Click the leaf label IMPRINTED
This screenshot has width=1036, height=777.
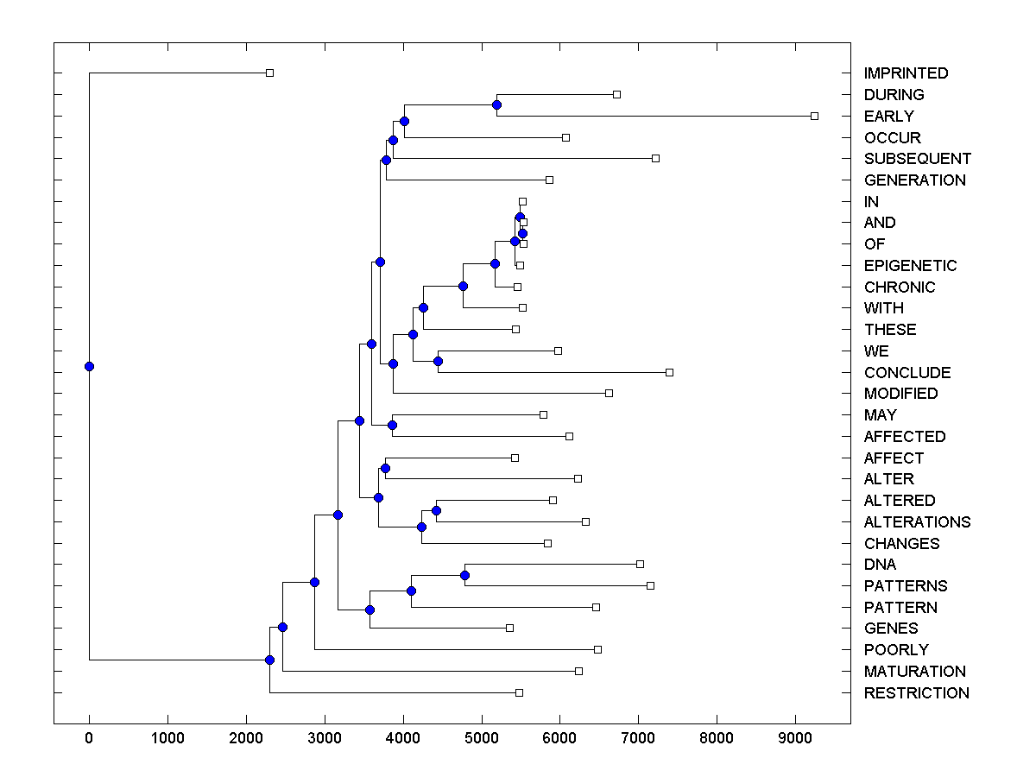pyautogui.click(x=906, y=73)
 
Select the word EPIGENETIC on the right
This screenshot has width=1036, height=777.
pyautogui.click(x=910, y=266)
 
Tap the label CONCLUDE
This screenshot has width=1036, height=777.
pyautogui.click(x=907, y=373)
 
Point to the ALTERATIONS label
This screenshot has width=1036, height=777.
pyautogui.click(x=917, y=522)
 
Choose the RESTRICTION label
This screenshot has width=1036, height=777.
pyautogui.click(x=916, y=693)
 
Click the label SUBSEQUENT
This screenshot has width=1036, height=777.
pyautogui.click(x=917, y=159)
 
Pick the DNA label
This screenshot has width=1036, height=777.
pyautogui.click(x=880, y=565)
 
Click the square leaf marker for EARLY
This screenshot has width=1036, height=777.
pyautogui.click(x=814, y=116)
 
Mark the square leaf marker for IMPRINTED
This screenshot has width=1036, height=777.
pyautogui.click(x=269, y=73)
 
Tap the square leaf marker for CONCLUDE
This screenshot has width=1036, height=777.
pyautogui.click(x=669, y=372)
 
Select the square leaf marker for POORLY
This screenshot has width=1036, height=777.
pyautogui.click(x=597, y=649)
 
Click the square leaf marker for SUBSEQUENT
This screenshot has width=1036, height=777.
pyautogui.click(x=655, y=158)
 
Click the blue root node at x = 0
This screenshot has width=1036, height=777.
pyautogui.click(x=89, y=366)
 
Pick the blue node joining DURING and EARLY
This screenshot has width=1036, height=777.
pyautogui.click(x=496, y=104)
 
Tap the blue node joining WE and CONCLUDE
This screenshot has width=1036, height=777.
pyautogui.click(x=438, y=362)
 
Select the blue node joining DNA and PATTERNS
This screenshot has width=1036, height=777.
pyautogui.click(x=464, y=575)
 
